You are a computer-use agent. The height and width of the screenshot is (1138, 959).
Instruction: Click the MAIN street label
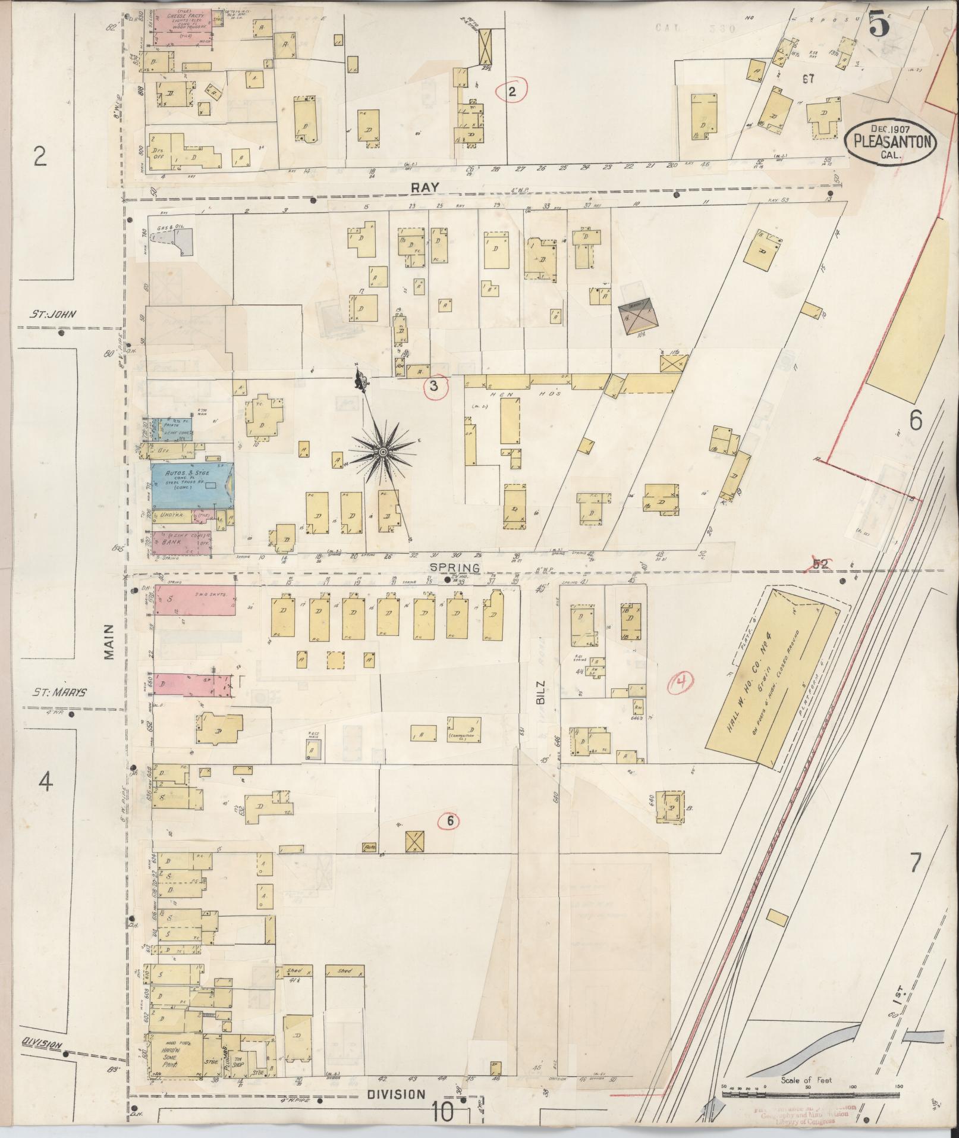point(109,642)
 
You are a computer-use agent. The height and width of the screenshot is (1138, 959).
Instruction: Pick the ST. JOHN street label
point(52,315)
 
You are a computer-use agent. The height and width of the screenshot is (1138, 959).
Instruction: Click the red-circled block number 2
point(511,91)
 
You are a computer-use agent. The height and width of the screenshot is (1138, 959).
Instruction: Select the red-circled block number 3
point(434,387)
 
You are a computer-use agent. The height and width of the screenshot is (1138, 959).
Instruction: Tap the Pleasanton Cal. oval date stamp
point(890,140)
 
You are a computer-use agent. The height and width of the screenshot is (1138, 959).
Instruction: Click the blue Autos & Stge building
point(191,485)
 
